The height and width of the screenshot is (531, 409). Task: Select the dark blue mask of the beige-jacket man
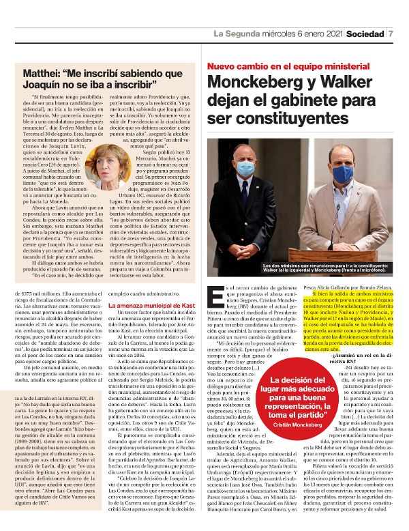point(343,173)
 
